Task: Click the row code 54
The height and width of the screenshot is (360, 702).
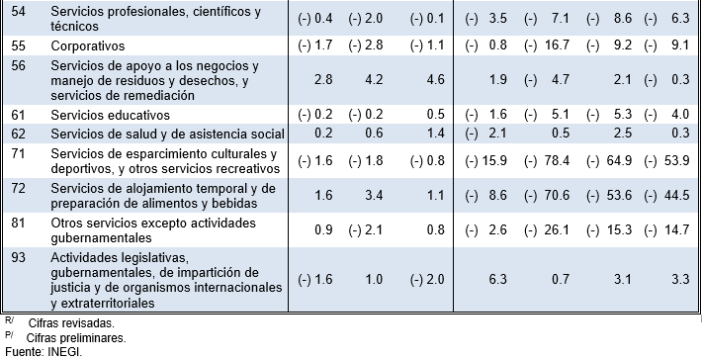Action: click(18, 11)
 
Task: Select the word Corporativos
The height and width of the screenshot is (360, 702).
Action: click(88, 46)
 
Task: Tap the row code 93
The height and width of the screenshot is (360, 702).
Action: click(18, 258)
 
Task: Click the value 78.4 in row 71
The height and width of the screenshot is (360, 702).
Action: click(557, 160)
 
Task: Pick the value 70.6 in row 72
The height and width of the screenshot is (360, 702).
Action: click(557, 195)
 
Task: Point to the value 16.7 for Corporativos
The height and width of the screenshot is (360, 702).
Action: click(557, 45)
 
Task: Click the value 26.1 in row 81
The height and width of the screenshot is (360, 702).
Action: click(557, 230)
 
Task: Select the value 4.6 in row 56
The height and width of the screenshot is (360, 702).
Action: click(436, 80)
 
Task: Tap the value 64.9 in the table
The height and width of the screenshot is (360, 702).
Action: click(619, 160)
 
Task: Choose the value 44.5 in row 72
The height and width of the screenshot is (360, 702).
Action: click(677, 195)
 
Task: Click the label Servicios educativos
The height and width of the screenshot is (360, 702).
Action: click(110, 116)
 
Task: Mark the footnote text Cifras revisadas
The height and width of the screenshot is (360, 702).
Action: click(71, 323)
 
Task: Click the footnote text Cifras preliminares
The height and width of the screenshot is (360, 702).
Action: click(76, 338)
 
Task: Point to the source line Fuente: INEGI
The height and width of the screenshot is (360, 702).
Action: click(44, 352)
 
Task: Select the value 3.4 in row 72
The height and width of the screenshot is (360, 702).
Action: click(374, 195)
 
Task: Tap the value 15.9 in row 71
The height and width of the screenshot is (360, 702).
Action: click(494, 160)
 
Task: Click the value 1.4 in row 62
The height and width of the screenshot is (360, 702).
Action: click(436, 133)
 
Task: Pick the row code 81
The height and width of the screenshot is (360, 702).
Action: click(18, 223)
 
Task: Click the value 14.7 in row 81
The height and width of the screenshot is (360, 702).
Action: click(677, 230)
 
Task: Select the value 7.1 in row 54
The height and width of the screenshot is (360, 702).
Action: click(561, 19)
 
